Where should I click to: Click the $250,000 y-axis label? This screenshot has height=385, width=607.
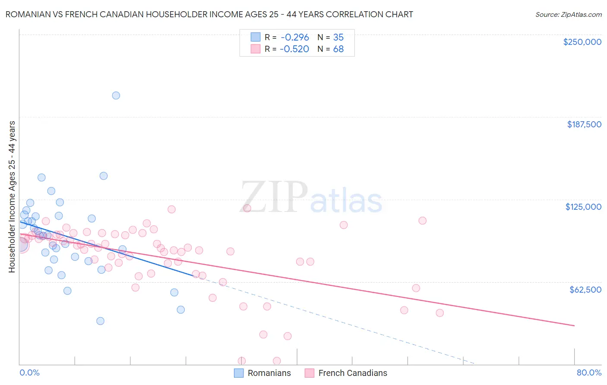click(582, 42)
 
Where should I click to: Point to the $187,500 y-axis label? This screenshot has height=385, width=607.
click(584, 124)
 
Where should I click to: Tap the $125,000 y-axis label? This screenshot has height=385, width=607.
click(583, 207)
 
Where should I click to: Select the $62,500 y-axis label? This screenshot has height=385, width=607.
click(585, 290)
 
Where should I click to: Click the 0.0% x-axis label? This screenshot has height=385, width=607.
click(29, 372)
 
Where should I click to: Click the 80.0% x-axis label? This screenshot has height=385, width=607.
click(589, 372)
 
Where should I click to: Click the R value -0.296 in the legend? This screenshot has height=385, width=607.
click(294, 37)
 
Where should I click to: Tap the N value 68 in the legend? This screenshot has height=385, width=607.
click(338, 49)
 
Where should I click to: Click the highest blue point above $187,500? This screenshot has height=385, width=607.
click(116, 95)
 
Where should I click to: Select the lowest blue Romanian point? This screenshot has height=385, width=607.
click(100, 321)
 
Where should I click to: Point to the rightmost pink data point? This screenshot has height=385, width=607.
click(440, 313)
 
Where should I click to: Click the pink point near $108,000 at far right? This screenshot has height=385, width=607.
click(422, 221)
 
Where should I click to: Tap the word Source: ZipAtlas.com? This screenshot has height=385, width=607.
click(568, 14)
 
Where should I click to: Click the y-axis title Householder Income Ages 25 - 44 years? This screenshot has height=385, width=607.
click(12, 196)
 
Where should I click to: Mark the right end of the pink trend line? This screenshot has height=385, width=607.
click(574, 325)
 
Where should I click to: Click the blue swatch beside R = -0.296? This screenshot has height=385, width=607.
click(256, 37)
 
